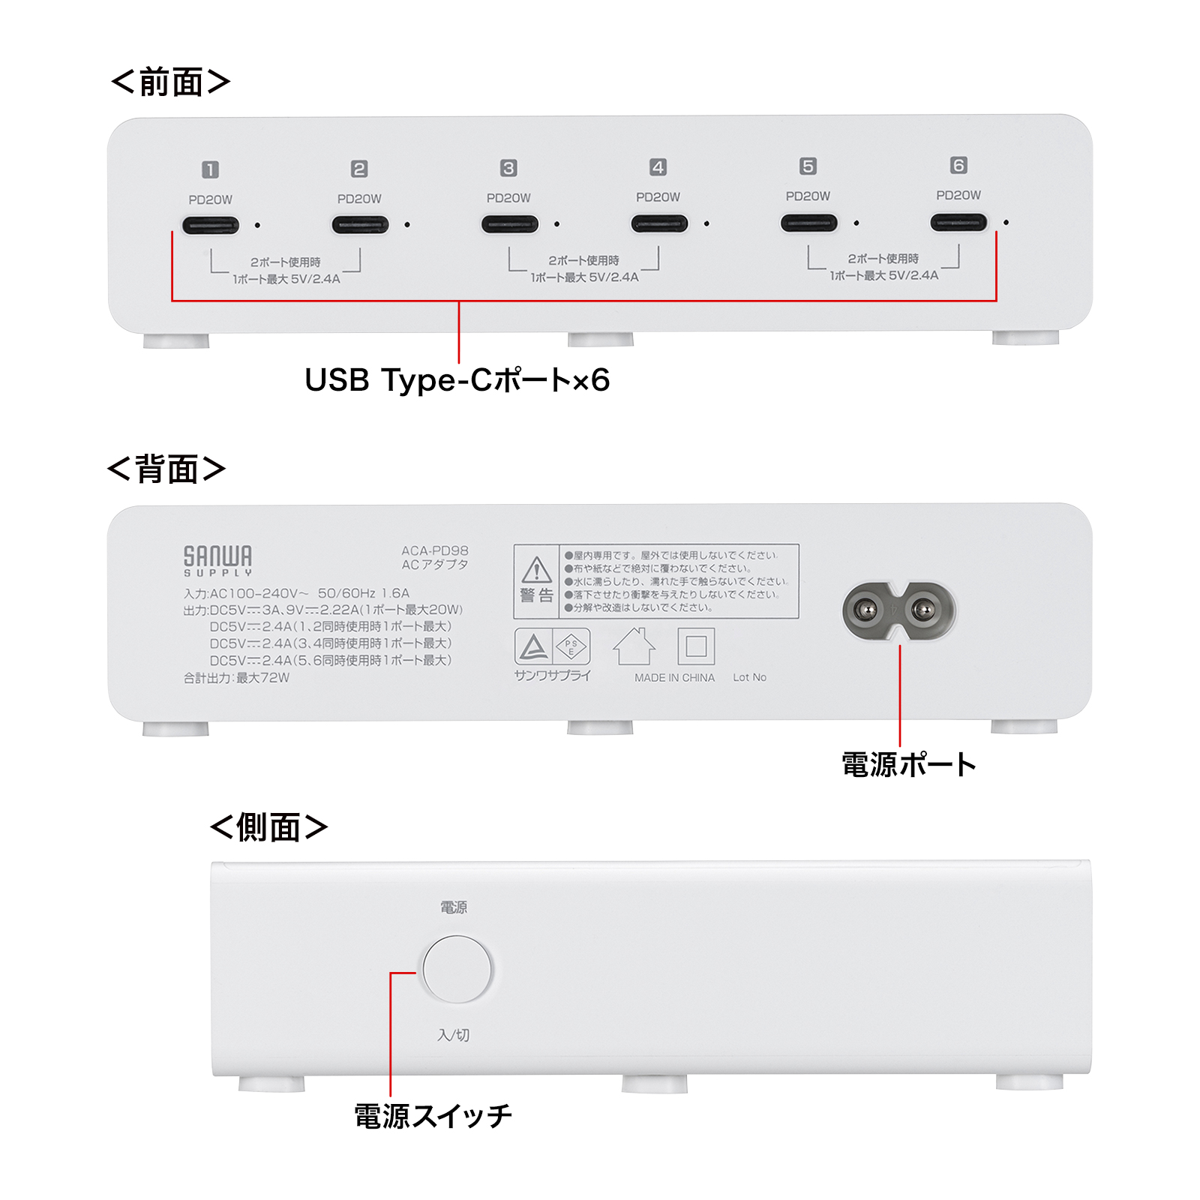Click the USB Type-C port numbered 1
[211, 225]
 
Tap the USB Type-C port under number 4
[659, 223]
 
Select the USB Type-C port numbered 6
[958, 222]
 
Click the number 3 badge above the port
[508, 168]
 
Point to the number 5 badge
[808, 166]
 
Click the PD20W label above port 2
[359, 199]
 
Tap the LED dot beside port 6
[1006, 222]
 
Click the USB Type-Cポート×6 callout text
[457, 380]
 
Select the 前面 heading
[170, 82]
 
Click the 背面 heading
[166, 469]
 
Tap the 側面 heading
[268, 827]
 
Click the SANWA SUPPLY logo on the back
[217, 561]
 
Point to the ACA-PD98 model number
[435, 550]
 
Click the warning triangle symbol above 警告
[537, 570]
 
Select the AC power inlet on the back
[899, 610]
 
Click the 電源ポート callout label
[909, 764]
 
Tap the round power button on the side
[457, 969]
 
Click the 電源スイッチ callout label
[433, 1116]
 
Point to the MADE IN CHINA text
[674, 677]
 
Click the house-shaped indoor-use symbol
[634, 646]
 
